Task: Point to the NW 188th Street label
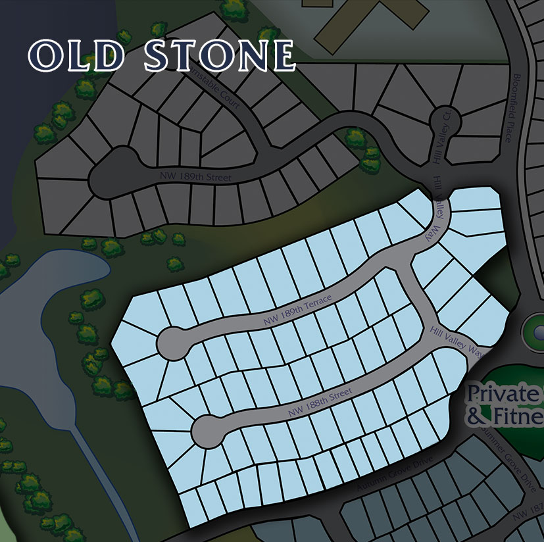tap(321, 403)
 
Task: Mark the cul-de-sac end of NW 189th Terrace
tap(172, 343)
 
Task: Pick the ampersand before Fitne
tap(474, 416)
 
